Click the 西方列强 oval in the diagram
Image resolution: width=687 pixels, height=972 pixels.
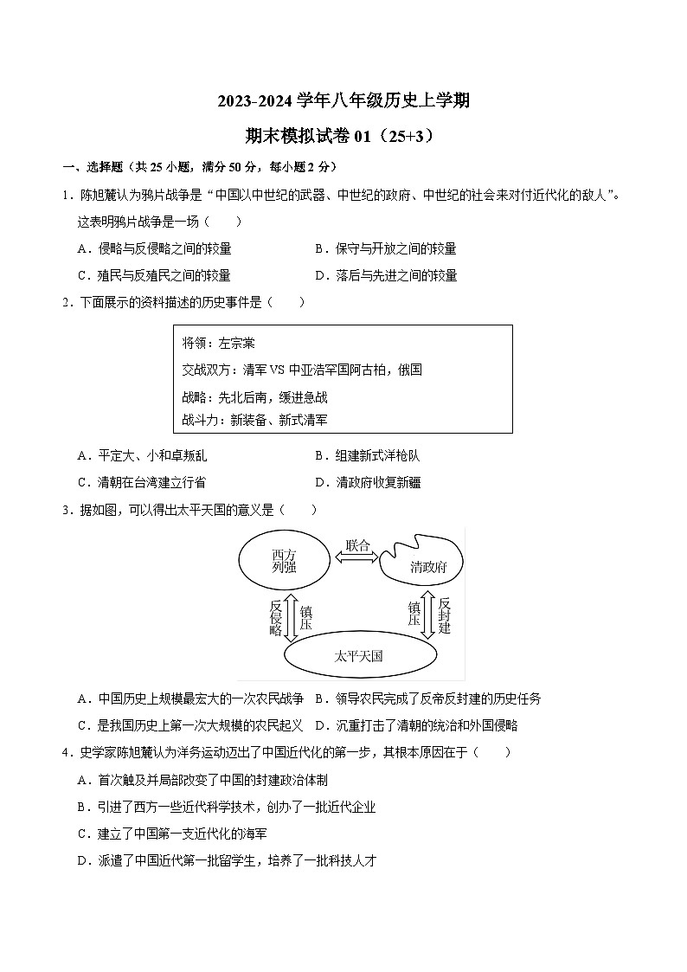284,561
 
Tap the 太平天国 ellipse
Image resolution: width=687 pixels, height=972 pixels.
358,656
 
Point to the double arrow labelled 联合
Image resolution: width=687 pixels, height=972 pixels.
358,558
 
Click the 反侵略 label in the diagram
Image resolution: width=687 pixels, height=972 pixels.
276,618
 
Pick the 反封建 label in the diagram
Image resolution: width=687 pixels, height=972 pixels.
444,615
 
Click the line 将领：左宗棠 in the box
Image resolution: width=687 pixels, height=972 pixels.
219,343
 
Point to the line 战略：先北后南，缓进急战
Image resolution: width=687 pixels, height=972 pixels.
255,397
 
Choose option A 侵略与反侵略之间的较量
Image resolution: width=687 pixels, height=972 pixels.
156,248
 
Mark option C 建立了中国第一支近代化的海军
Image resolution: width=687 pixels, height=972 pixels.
173,834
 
